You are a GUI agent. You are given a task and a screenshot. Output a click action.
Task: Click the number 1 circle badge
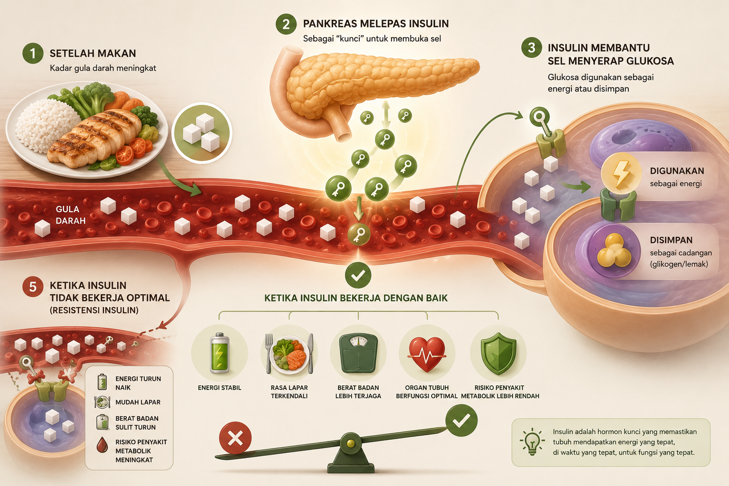[33, 53]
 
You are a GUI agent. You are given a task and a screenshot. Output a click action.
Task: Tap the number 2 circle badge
[286, 24]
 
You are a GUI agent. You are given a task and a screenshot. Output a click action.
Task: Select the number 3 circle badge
[532, 47]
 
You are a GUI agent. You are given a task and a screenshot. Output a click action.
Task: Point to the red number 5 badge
[33, 287]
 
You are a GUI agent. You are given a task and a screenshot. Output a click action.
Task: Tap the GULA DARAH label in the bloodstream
[70, 215]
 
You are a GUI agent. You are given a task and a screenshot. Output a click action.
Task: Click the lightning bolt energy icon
[621, 173]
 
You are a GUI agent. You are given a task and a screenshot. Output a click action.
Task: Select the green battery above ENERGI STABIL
[220, 353]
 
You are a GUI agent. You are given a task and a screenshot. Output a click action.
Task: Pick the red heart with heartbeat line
[427, 354]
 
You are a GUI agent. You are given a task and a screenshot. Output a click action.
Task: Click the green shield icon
[498, 354]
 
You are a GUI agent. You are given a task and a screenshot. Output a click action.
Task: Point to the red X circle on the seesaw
[235, 438]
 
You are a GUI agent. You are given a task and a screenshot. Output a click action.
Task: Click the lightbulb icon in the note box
[532, 441]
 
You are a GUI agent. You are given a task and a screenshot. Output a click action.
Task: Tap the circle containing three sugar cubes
[202, 132]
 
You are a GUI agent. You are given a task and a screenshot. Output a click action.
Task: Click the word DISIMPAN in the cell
[671, 240]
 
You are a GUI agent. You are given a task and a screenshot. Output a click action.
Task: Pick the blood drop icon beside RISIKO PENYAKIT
[102, 445]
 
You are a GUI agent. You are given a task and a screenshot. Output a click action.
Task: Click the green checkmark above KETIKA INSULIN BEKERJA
[358, 275]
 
